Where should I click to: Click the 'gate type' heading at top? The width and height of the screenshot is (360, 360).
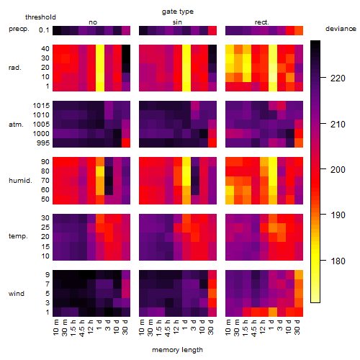[178, 12]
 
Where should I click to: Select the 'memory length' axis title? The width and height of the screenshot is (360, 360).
[177, 350]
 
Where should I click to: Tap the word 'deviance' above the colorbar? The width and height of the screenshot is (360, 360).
[341, 29]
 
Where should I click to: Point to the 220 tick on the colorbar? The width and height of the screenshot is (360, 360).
[323, 78]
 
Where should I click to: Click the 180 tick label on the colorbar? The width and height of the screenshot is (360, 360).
[338, 261]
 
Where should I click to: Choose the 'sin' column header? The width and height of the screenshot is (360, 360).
[177, 22]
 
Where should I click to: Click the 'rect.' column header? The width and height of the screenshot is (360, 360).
[261, 22]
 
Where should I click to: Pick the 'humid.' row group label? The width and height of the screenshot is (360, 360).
[20, 181]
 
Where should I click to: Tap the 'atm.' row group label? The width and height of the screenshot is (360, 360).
[16, 125]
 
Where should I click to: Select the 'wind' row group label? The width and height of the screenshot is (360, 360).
[17, 294]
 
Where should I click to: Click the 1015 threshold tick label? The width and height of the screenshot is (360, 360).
[41, 106]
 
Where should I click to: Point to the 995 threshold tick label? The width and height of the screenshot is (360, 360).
[43, 143]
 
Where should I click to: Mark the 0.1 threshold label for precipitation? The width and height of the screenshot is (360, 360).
[44, 30]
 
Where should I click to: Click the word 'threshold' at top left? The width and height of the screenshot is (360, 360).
[40, 17]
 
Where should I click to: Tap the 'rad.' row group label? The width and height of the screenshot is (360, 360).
[15, 68]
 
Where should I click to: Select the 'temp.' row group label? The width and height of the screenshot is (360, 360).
[18, 236]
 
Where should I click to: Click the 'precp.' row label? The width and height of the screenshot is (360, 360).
[19, 30]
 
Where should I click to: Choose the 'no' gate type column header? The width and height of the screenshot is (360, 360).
[93, 22]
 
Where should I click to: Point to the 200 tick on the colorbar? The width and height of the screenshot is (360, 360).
[323, 169]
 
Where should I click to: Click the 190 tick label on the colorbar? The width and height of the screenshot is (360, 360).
[338, 215]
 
